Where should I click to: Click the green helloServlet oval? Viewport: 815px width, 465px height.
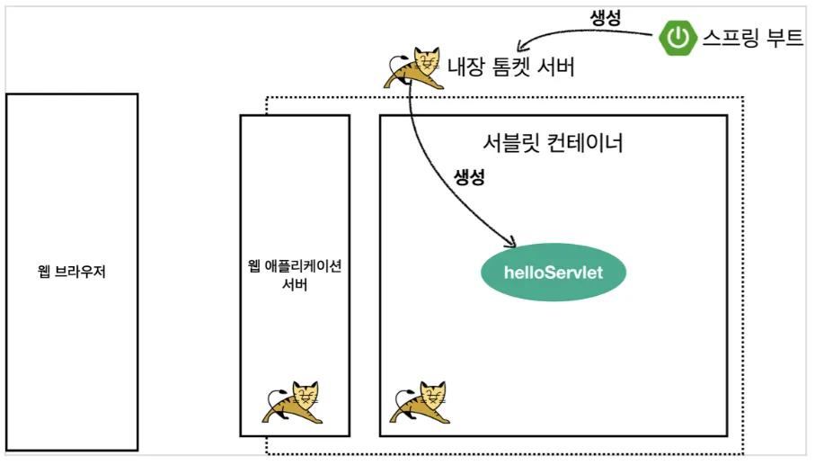click(x=553, y=271)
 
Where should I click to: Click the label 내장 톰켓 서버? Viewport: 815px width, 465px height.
click(x=509, y=67)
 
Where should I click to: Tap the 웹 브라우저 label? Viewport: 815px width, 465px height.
click(x=72, y=271)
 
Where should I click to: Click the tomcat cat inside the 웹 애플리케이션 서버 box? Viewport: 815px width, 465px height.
click(x=294, y=402)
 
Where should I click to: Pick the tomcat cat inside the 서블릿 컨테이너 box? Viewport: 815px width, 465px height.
click(x=420, y=402)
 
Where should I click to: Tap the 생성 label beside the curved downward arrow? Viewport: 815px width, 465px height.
click(x=469, y=176)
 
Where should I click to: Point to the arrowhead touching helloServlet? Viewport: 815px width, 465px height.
click(x=509, y=242)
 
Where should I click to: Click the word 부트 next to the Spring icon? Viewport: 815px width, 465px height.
click(x=781, y=38)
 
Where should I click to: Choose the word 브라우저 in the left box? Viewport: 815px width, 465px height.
click(x=84, y=271)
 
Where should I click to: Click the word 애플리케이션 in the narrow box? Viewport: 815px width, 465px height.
click(x=302, y=266)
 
